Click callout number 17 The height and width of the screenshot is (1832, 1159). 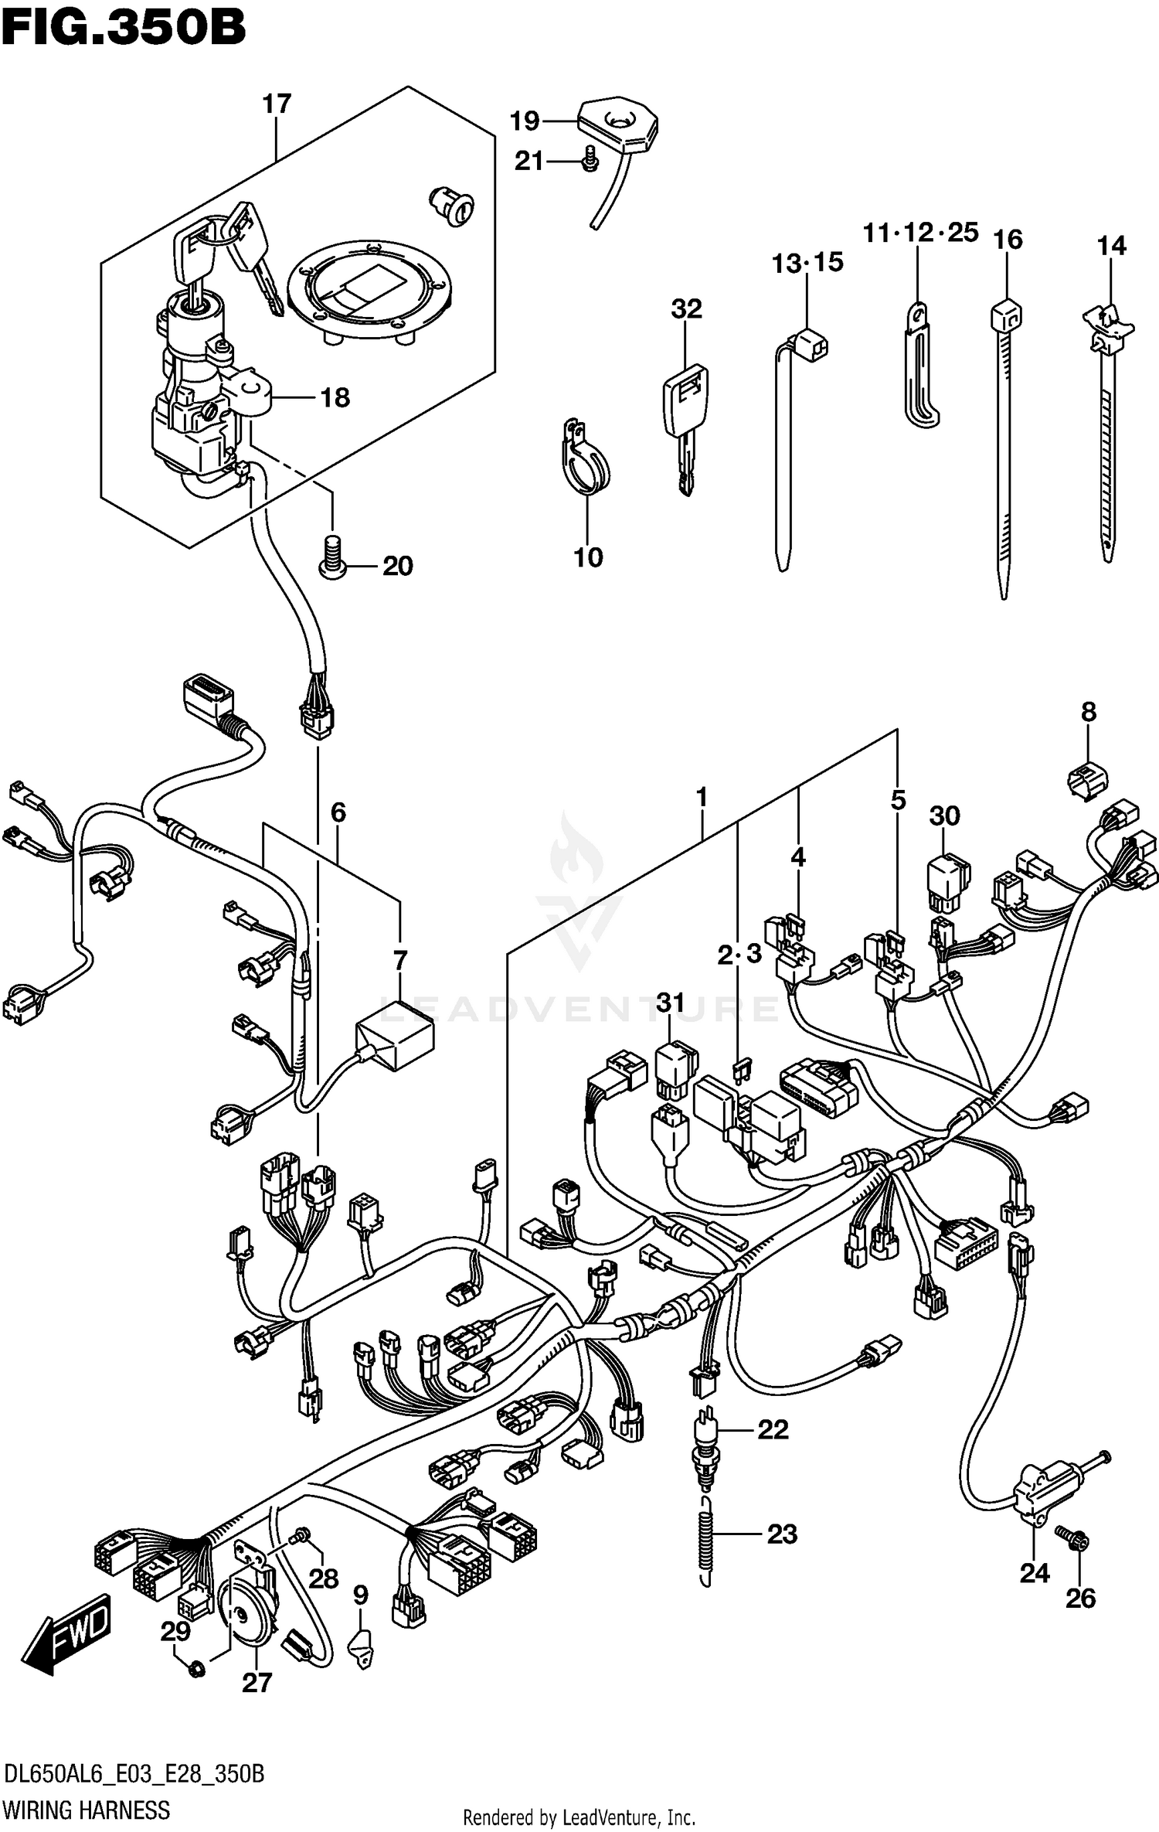point(277,104)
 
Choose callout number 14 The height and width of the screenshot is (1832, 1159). point(1111,246)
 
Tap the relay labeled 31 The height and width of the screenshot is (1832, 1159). point(676,1068)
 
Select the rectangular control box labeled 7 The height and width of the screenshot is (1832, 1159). point(395,1034)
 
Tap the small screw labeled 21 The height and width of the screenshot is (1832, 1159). point(590,159)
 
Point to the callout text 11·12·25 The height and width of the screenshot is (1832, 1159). point(920,232)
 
